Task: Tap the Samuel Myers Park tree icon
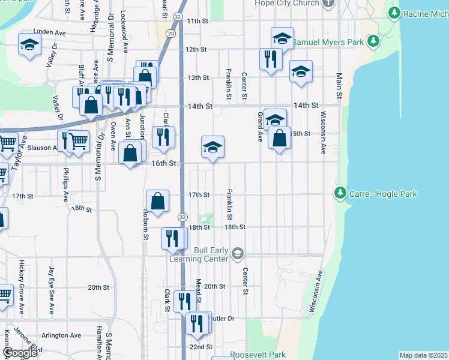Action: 373,41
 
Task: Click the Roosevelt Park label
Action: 258,355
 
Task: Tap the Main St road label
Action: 339,86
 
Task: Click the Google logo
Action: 19,353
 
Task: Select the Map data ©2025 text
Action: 424,355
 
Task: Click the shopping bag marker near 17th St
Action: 157,201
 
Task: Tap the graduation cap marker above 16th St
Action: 212,147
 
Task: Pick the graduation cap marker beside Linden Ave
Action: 29,45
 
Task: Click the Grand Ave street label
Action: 260,127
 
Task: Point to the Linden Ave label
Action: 49,31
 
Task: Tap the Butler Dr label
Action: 222,319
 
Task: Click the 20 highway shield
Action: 172,34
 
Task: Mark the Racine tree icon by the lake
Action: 394,13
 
